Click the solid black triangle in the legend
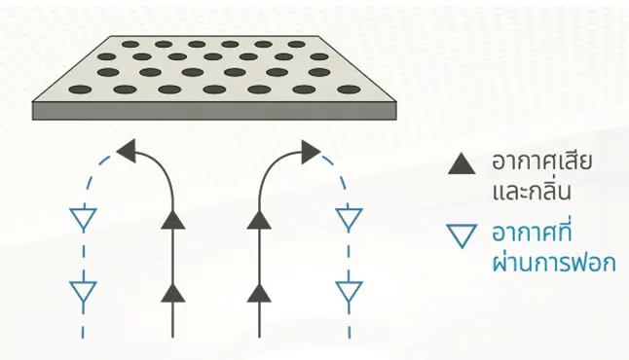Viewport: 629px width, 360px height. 462,165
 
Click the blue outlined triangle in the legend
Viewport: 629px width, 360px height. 462,235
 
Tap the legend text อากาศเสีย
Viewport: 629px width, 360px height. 542,162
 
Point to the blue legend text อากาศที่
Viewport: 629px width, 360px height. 532,232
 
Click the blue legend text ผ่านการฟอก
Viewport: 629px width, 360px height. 554,262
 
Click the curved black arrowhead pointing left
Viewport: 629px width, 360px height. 127,151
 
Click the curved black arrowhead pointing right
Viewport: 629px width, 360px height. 311,152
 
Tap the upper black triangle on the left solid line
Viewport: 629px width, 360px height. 173,221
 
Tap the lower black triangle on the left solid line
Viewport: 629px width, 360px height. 173,294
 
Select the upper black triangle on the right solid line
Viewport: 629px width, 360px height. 259,221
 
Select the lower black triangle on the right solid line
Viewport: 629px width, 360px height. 259,294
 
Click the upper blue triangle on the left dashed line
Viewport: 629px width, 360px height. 84,218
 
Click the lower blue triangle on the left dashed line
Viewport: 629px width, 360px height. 84,291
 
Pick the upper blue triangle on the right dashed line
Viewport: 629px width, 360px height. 349,218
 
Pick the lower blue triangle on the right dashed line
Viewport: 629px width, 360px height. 349,291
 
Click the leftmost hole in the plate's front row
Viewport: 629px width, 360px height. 80,90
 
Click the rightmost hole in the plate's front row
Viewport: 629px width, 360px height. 349,90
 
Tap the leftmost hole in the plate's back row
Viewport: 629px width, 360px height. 130,45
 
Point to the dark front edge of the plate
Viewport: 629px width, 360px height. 214,111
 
